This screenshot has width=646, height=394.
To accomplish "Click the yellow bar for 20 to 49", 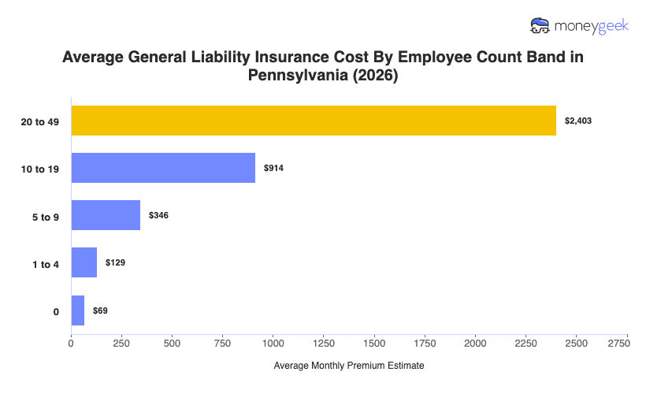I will (x=314, y=121).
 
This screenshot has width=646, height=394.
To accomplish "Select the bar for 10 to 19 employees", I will (x=163, y=168).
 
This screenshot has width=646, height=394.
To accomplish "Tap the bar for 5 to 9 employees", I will (x=106, y=215).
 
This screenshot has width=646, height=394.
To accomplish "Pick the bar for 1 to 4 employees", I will (x=84, y=262).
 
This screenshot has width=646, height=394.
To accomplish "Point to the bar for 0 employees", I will (x=78, y=310).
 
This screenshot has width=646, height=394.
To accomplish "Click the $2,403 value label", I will (x=578, y=121).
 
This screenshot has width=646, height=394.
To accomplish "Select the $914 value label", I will (x=273, y=169).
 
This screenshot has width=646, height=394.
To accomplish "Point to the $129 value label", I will (x=115, y=263).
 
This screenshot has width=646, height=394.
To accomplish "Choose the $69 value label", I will (x=100, y=311).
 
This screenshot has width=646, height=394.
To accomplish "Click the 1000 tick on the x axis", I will (x=273, y=344).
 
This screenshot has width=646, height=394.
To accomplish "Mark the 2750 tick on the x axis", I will (x=618, y=344).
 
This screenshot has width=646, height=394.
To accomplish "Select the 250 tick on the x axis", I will (x=122, y=344).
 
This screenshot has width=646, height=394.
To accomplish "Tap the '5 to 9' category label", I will (x=44, y=216).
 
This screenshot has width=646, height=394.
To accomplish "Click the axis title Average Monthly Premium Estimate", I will (x=349, y=366).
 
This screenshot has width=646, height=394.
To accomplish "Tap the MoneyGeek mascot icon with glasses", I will (x=541, y=25).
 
